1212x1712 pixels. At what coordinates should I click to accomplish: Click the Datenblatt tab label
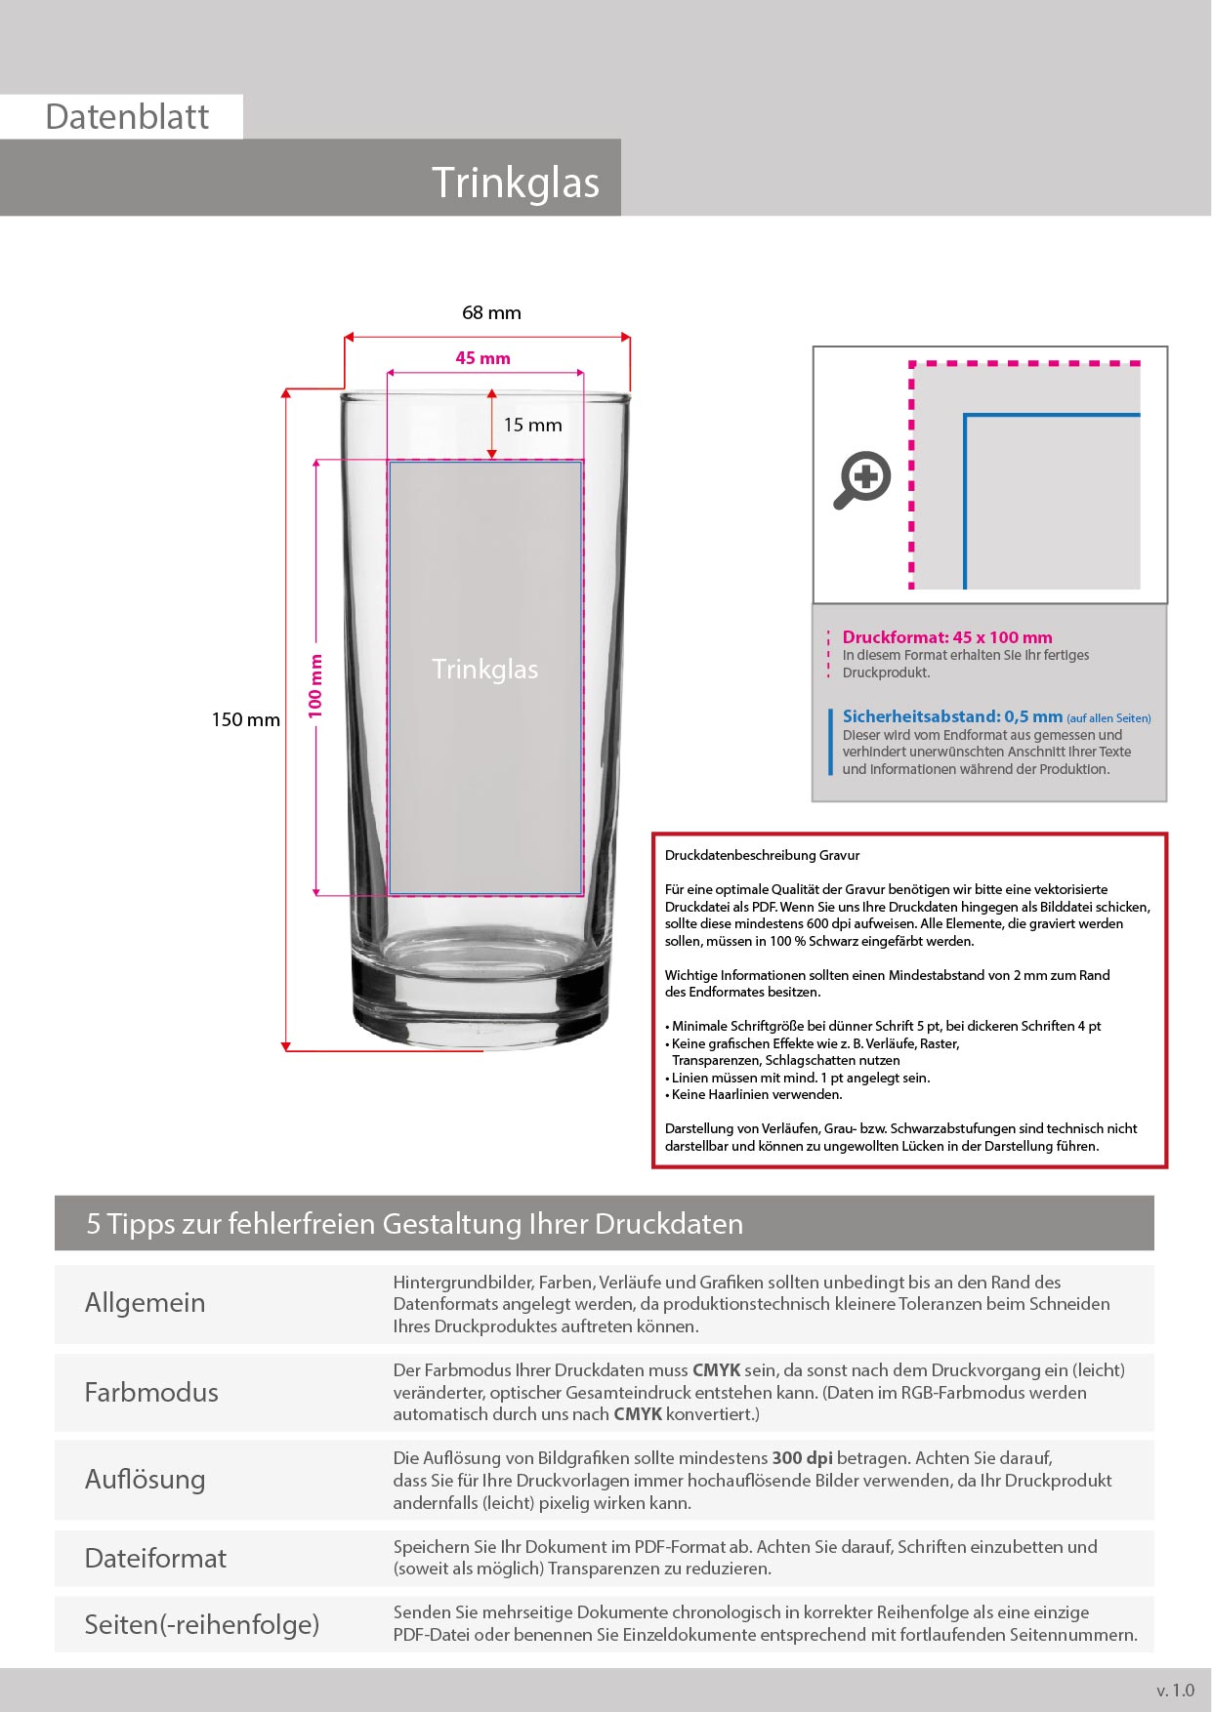point(127,117)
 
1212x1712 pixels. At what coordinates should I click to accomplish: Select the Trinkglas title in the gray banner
point(515,183)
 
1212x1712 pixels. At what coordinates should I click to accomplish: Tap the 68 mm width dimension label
point(491,313)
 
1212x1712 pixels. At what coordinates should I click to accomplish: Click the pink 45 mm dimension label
point(482,358)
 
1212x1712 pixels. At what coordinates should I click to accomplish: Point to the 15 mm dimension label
point(532,425)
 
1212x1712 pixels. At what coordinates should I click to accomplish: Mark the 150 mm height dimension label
point(245,720)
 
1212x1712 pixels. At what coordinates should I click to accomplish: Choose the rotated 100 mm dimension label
point(315,686)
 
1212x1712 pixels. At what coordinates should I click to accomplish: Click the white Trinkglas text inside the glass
point(484,670)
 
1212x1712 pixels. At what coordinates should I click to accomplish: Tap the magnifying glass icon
point(862,479)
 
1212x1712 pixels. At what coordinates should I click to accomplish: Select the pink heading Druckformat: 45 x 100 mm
point(946,637)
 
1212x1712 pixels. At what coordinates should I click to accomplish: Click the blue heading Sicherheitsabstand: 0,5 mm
point(951,716)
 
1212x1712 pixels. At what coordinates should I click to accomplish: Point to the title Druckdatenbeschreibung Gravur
point(762,855)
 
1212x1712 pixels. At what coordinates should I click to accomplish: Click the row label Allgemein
point(145,1303)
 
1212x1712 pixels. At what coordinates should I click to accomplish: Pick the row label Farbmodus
point(151,1392)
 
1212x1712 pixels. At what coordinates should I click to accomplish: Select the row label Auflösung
point(145,1480)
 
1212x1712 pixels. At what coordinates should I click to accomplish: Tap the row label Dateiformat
point(155,1558)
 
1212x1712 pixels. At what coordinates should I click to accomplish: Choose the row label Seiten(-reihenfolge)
point(201,1624)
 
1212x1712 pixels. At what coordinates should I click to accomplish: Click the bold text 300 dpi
point(802,1458)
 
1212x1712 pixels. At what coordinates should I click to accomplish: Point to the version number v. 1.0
point(1175,1691)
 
